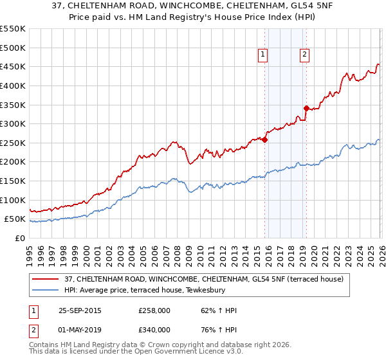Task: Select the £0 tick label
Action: pyautogui.click(x=21, y=238)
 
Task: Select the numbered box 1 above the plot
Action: pyautogui.click(x=264, y=55)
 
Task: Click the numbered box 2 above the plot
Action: pyautogui.click(x=304, y=55)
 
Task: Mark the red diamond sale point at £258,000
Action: pyautogui.click(x=264, y=139)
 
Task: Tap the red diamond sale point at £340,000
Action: pyautogui.click(x=306, y=108)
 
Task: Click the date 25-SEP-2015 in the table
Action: pyautogui.click(x=80, y=310)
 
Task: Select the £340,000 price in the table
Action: pyautogui.click(x=154, y=330)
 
